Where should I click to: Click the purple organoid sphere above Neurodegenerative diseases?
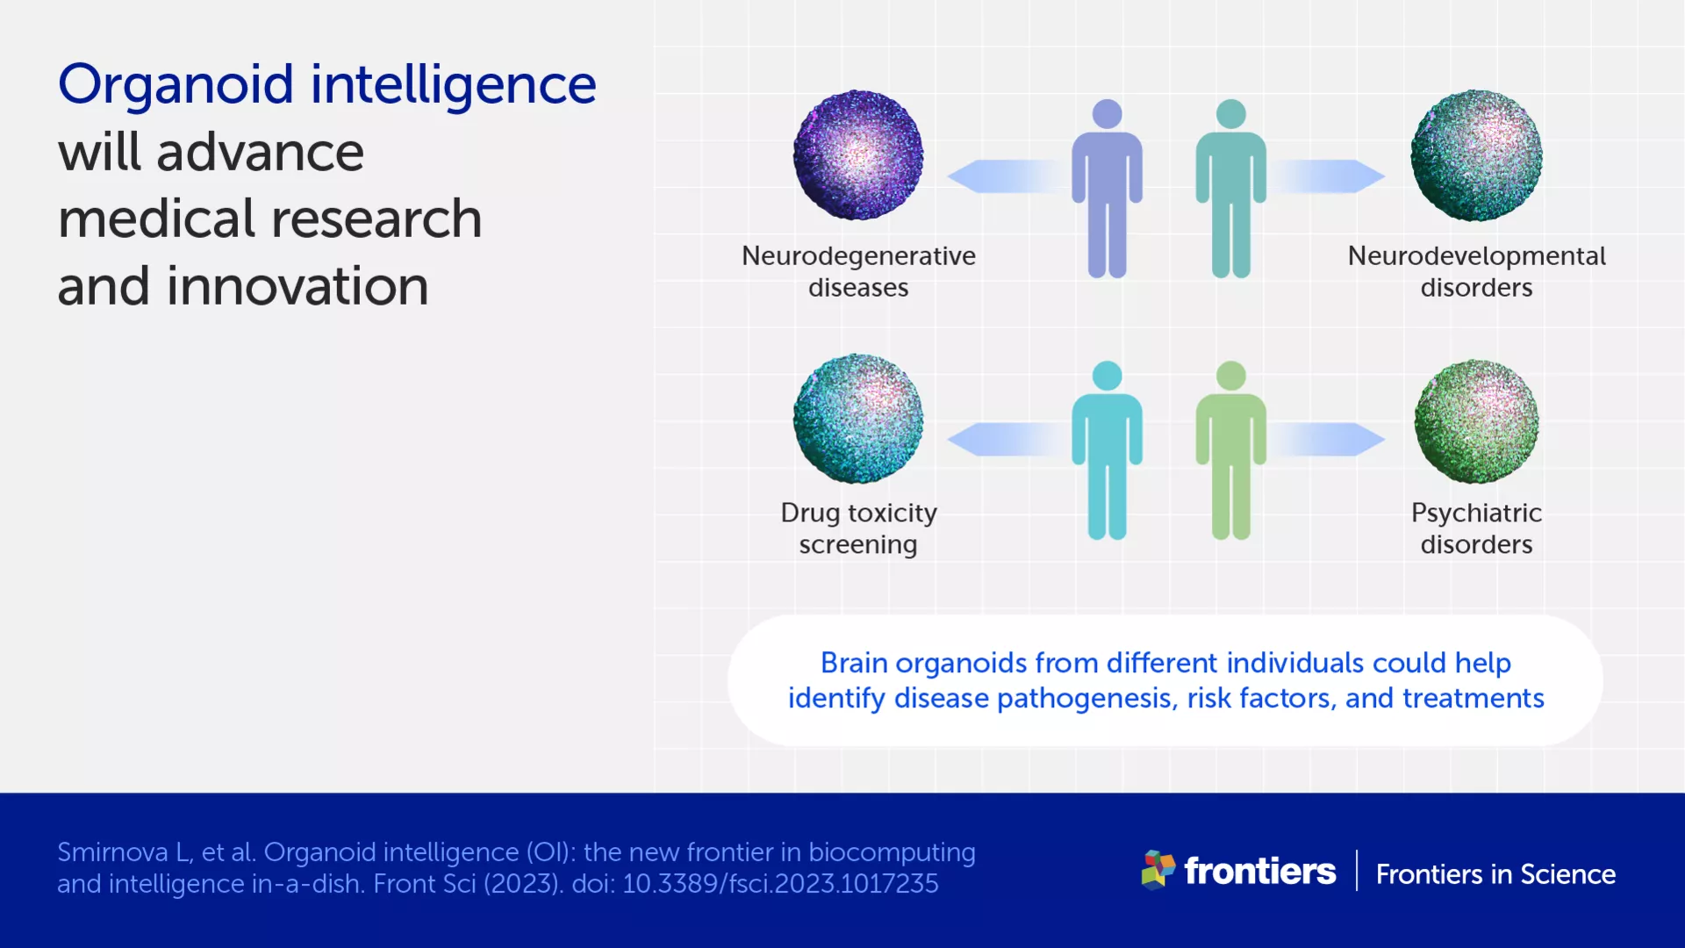point(858,155)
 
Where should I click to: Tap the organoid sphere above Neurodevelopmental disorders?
point(1476,155)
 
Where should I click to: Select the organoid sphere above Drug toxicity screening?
point(858,419)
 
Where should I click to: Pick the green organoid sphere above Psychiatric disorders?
point(1476,421)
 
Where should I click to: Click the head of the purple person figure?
point(1107,114)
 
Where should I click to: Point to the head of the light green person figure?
point(1230,376)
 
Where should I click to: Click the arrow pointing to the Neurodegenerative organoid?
point(1000,176)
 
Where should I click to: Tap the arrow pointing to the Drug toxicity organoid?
point(1000,439)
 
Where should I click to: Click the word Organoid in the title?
point(176,85)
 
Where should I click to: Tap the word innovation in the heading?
point(298,286)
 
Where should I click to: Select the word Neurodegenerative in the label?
point(858,255)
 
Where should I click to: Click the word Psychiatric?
point(1476,513)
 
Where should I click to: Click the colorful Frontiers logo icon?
point(1158,869)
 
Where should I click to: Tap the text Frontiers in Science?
point(1495,874)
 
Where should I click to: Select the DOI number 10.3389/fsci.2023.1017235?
point(780,883)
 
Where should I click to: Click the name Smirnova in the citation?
point(112,852)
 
